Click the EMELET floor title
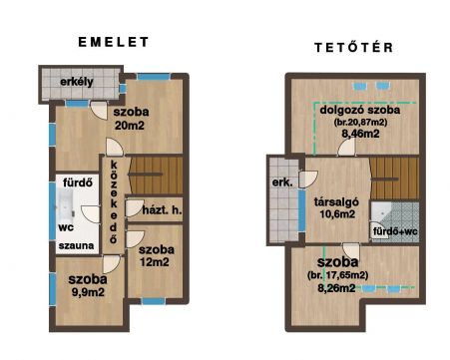[114, 42]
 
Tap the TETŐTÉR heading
[354, 47]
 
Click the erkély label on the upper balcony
[77, 82]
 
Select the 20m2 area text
[130, 126]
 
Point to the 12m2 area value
[155, 262]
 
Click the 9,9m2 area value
[88, 292]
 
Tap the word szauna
[76, 246]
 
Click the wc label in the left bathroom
[66, 228]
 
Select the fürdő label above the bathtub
[78, 182]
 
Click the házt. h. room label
[162, 209]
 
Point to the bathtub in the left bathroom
[66, 206]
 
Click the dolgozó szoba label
[360, 110]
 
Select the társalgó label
[336, 201]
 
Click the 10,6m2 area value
[337, 214]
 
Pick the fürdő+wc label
[395, 231]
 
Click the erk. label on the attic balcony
[282, 182]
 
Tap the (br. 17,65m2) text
[338, 275]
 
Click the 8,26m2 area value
[336, 288]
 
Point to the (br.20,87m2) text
[360, 122]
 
